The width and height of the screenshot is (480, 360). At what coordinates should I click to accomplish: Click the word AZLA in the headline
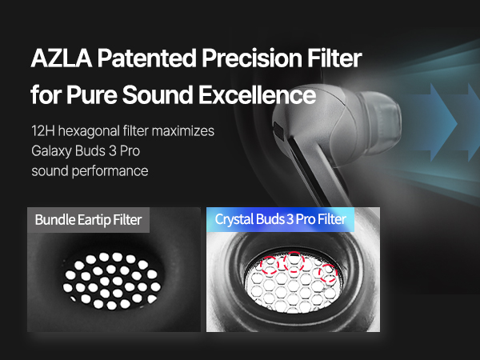[x=62, y=58]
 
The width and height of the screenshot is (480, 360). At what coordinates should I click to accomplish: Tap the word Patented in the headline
[x=147, y=58]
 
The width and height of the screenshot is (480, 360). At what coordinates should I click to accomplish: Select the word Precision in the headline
[x=252, y=58]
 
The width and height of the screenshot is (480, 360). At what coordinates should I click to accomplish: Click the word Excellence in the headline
[x=257, y=94]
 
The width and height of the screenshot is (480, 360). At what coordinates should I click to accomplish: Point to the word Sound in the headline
[x=158, y=94]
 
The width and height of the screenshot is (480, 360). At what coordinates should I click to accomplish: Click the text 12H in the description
[x=42, y=131]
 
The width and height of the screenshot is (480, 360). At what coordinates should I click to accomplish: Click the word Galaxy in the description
[x=51, y=151]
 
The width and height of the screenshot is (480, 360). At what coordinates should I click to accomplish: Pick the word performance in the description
[x=110, y=171]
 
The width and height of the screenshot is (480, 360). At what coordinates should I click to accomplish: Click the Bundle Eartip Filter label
[x=88, y=220]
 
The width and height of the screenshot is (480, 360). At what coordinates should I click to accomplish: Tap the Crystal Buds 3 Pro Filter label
[x=281, y=219]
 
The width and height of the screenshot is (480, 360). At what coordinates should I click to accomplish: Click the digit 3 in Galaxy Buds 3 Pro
[x=113, y=151]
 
